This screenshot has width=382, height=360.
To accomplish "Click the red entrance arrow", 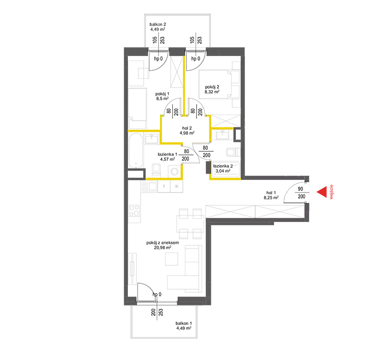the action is (x=322, y=192).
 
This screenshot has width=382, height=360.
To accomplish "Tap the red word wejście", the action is (x=331, y=192).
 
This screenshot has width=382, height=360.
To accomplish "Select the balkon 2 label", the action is (x=157, y=24).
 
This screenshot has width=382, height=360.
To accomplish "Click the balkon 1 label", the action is (x=184, y=323).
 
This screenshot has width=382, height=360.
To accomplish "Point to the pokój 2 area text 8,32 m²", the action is (x=212, y=92).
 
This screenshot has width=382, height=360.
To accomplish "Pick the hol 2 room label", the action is (x=187, y=128).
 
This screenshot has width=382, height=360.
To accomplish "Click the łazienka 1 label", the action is (x=168, y=154).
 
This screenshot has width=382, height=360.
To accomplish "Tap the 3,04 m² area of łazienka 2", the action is (x=223, y=171).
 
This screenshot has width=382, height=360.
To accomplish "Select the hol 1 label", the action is (x=271, y=192).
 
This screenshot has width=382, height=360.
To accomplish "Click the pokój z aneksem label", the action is (x=162, y=242).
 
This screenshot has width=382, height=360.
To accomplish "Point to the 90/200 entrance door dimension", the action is (x=301, y=192).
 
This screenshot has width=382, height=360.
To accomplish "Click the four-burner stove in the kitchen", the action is (x=134, y=211).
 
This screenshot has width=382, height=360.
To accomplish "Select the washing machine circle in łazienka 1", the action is (x=174, y=172).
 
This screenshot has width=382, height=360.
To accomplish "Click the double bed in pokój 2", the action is (x=214, y=85).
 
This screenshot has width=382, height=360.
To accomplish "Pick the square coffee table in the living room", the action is (x=172, y=259).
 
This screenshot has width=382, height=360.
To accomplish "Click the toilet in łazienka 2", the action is (x=233, y=152).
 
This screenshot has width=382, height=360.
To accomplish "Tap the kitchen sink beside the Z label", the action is (x=149, y=186).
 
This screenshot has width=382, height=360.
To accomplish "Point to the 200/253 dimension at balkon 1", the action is (x=157, y=312).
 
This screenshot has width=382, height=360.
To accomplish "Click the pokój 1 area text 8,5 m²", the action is (x=162, y=99).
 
